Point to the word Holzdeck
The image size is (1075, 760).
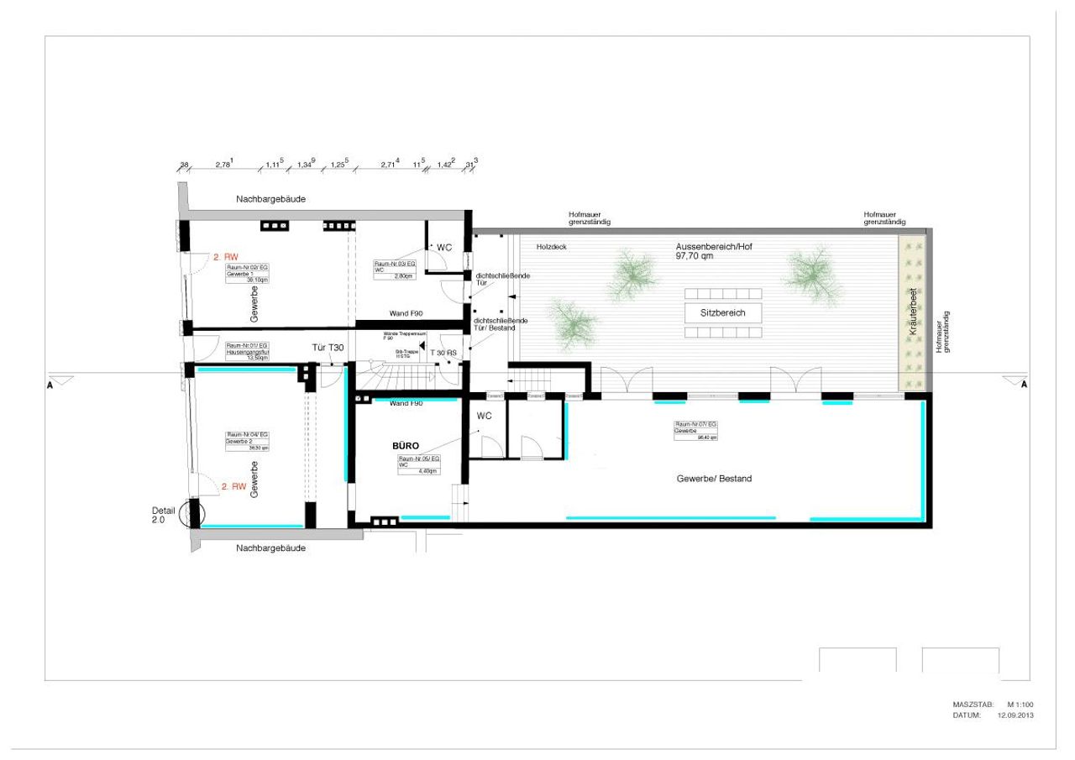pyautogui.click(x=540, y=248)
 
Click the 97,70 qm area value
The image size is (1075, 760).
pyautogui.click(x=694, y=257)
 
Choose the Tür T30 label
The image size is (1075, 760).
pyautogui.click(x=328, y=348)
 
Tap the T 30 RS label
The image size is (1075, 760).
pyautogui.click(x=443, y=354)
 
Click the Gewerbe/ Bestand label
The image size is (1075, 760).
pyautogui.click(x=714, y=479)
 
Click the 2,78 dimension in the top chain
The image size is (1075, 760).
pyautogui.click(x=223, y=165)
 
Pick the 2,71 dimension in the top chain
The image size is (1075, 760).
pyautogui.click(x=390, y=165)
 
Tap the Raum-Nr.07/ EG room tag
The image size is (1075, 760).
pyautogui.click(x=696, y=431)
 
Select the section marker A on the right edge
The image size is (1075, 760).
pyautogui.click(x=1024, y=385)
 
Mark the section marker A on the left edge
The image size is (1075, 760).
pyautogui.click(x=51, y=385)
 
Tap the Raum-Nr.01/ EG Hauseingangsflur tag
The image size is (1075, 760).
pyautogui.click(x=248, y=351)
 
